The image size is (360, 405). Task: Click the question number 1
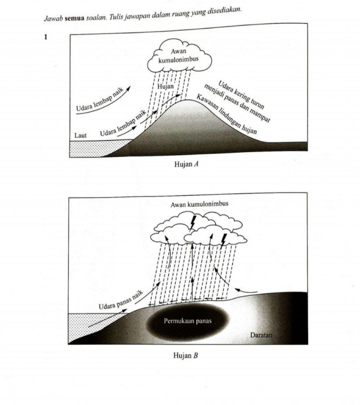pyautogui.click(x=45, y=37)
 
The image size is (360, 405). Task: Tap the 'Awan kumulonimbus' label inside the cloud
pyautogui.click(x=178, y=56)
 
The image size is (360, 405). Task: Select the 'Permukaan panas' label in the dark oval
pyautogui.click(x=188, y=321)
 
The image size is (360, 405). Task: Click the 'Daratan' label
pyautogui.click(x=261, y=335)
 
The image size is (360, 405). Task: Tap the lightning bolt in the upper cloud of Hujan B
pyautogui.click(x=192, y=222)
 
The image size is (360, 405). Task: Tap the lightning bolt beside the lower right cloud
pyautogui.click(x=223, y=239)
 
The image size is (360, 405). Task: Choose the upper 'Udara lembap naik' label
pyautogui.click(x=100, y=100)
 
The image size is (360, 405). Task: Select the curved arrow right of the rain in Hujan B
pyautogui.click(x=246, y=290)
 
